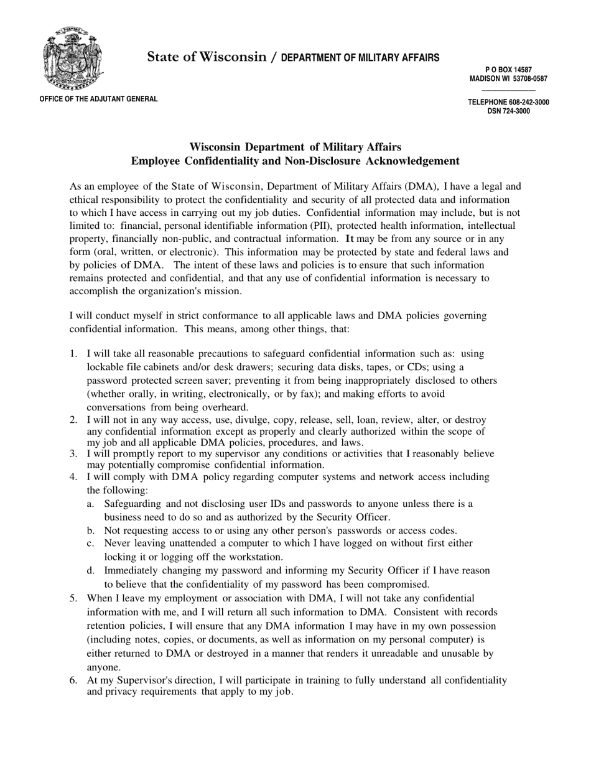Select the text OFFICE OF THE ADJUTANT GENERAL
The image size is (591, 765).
pyautogui.click(x=98, y=99)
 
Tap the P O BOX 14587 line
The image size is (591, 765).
pyautogui.click(x=508, y=70)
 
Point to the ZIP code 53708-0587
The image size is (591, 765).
pyautogui.click(x=527, y=79)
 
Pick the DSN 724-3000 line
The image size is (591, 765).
pyautogui.click(x=508, y=111)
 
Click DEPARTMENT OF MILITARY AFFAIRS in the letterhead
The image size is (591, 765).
pyautogui.click(x=360, y=58)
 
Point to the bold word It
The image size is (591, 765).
pyautogui.click(x=350, y=239)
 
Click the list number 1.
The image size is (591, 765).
pyautogui.click(x=73, y=354)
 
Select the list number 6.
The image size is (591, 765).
pyautogui.click(x=73, y=680)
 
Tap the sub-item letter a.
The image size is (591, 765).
pyautogui.click(x=91, y=504)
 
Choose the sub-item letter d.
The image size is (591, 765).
pyautogui.click(x=91, y=570)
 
